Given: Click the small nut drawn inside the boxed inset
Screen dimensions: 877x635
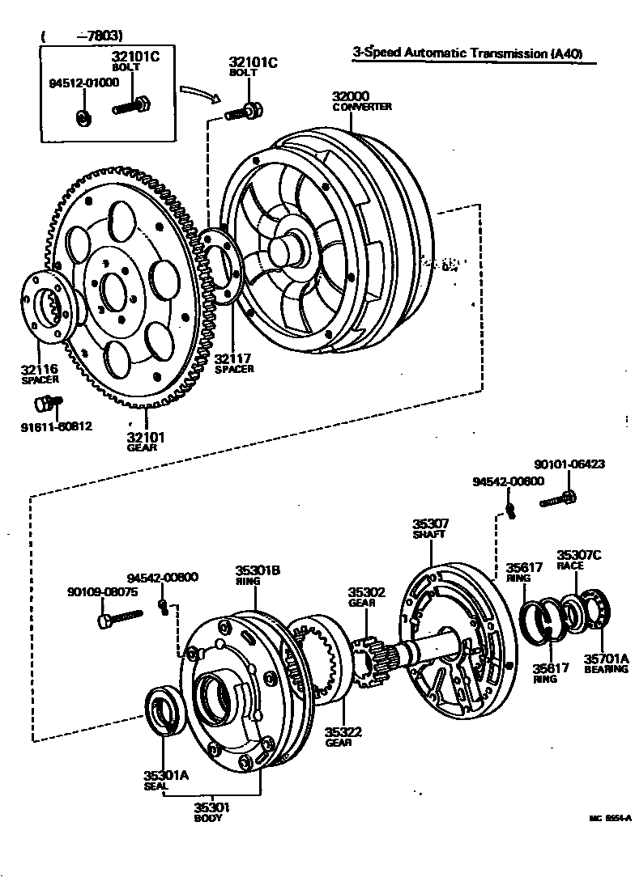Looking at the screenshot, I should pos(83,117).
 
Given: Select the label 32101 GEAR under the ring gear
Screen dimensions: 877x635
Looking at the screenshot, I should pos(146,442).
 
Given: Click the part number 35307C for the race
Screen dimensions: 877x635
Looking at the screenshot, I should pos(579,555).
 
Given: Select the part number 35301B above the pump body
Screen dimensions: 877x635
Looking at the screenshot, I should pos(258,570).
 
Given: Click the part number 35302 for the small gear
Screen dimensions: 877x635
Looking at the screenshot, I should pos(367,592).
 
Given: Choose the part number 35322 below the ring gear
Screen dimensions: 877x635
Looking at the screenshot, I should pos(343,732).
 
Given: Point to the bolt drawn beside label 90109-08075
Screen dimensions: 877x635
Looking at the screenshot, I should pos(118,619).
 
